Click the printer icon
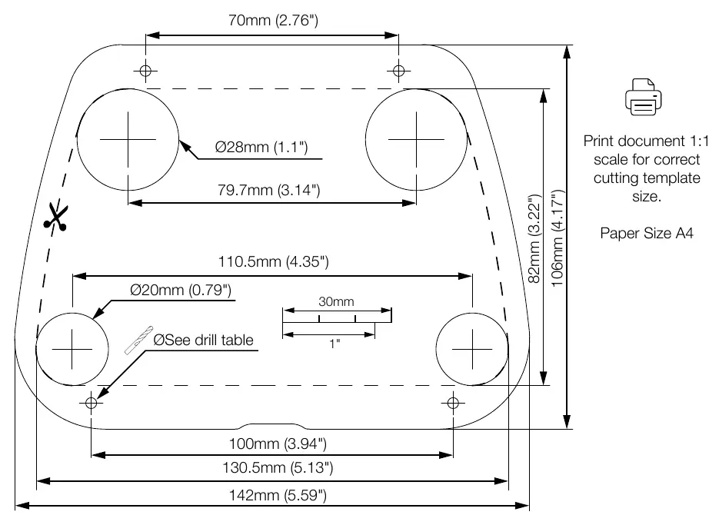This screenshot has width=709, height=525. coord(644,97)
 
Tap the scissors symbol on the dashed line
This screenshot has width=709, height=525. coord(56,217)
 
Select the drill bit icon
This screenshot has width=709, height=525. coord(139,341)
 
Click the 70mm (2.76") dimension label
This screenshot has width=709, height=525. coord(273,20)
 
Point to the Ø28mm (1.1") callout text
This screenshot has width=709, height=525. coord(261,147)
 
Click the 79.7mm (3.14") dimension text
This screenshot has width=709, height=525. coord(269,190)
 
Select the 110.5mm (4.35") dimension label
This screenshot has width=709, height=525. coord(274,261)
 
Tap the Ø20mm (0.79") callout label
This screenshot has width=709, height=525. coord(181,290)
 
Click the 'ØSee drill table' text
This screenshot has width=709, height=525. coord(203,340)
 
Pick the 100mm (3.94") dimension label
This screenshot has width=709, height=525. coord(278,444)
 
